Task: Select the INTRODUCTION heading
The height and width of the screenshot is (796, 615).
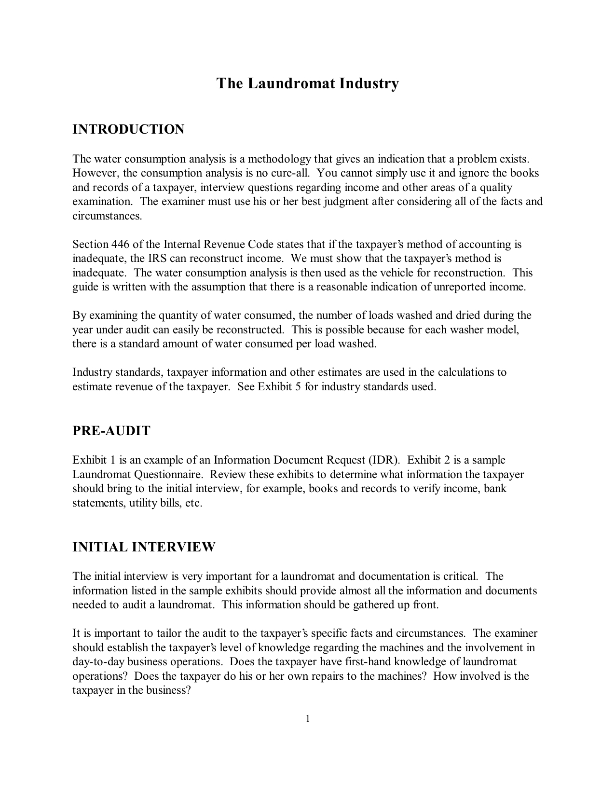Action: click(128, 129)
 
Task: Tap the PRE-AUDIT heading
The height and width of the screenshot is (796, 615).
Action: click(111, 431)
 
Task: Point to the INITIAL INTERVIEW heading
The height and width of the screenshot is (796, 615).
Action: click(144, 547)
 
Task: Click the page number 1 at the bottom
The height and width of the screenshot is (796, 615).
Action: click(307, 719)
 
